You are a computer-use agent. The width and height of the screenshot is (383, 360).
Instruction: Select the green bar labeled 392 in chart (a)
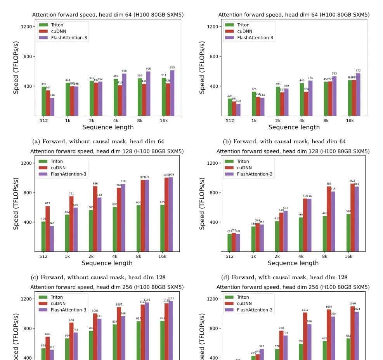pyautogui.click(x=44, y=101)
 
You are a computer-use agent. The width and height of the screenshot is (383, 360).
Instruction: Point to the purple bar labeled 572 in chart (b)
pyautogui.click(x=358, y=95)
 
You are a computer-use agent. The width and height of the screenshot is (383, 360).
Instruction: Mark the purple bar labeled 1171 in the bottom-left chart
pyautogui.click(x=171, y=330)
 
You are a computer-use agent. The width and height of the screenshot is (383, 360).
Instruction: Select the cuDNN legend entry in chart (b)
pyautogui.click(x=244, y=31)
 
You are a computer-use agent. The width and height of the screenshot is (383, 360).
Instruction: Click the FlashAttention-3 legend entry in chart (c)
pyautogui.click(x=68, y=174)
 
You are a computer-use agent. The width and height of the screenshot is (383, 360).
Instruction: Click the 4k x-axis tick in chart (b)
pyautogui.click(x=302, y=121)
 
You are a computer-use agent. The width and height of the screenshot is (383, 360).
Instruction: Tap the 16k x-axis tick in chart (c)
pyautogui.click(x=162, y=257)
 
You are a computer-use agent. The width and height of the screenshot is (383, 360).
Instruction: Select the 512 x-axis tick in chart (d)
pyautogui.click(x=229, y=257)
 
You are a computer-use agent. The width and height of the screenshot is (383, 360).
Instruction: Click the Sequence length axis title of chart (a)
pyautogui.click(x=108, y=127)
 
